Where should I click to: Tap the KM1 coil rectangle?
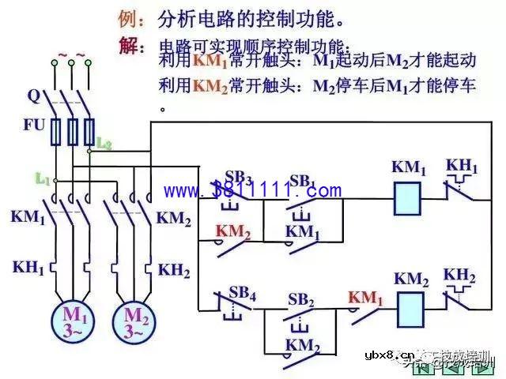click(x=407, y=197)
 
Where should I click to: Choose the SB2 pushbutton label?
click(x=301, y=300)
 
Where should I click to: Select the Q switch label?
click(x=33, y=96)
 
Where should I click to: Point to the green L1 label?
click(x=42, y=179)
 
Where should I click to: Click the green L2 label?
click(x=104, y=143)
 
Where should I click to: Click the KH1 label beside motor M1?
click(x=28, y=267)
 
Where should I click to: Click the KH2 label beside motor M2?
click(x=174, y=270)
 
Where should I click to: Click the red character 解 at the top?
click(x=131, y=46)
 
